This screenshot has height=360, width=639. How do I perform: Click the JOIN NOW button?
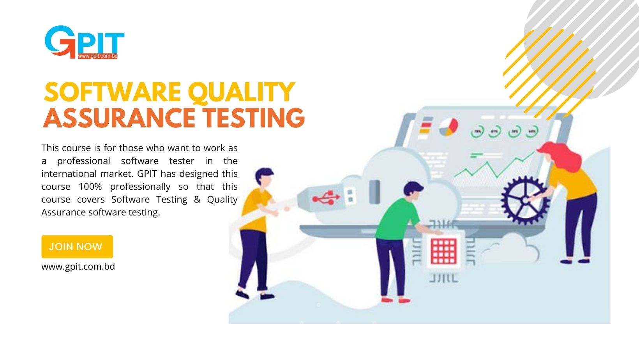tap(77, 247)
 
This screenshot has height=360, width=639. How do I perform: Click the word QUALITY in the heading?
tap(241, 92)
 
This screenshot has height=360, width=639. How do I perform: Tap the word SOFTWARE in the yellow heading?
tap(112, 92)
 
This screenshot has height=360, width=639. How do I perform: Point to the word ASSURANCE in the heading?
tap(119, 118)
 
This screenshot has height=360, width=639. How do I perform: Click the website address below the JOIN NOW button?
tap(78, 266)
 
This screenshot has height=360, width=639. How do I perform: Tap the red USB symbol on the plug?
tap(326, 197)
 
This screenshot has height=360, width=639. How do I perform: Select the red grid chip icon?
tap(443, 251)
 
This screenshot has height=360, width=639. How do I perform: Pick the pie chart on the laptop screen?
tap(448, 127)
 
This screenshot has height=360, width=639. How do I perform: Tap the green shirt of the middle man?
tap(397, 219)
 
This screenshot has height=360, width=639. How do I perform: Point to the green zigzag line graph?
tap(494, 166)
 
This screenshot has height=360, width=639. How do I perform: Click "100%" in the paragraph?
tap(90, 187)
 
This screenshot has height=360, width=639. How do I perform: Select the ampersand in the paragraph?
tap(197, 199)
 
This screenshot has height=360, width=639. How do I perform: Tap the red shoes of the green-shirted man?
tap(395, 300)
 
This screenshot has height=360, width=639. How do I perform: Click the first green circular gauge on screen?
tap(477, 132)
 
